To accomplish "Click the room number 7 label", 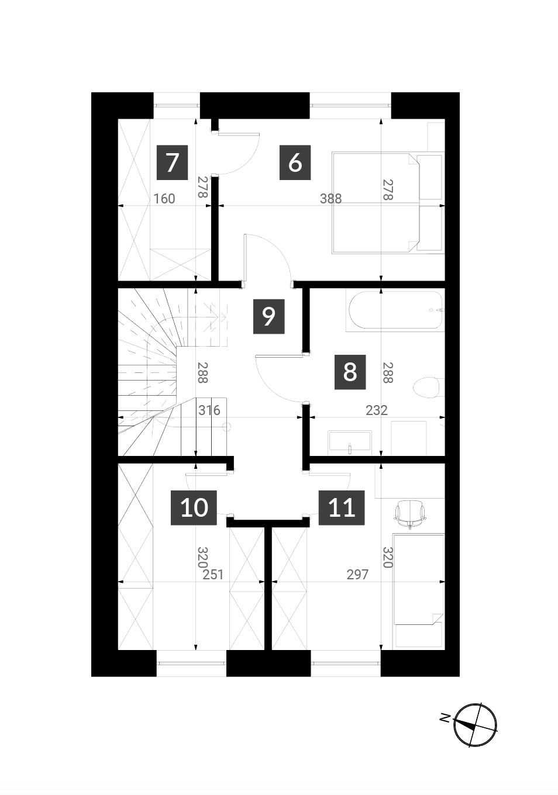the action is pos(173,163).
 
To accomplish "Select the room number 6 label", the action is pos(295,163).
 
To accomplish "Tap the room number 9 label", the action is pos(268,316).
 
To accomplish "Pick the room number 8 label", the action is pos(350,372).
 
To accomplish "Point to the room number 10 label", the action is pos(194,507).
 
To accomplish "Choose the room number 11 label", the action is pos(342,507).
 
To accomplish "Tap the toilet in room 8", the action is pos(429,389).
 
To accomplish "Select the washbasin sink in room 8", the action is pos(350,442).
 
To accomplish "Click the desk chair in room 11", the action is pos(410,514).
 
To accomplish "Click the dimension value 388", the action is pos(330,199).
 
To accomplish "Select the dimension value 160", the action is pos(164,199).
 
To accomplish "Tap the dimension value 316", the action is pos(209,410).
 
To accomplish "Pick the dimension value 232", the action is pos(377,410).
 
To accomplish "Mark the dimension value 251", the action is pos(213,575).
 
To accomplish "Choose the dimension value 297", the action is pos(358,575).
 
